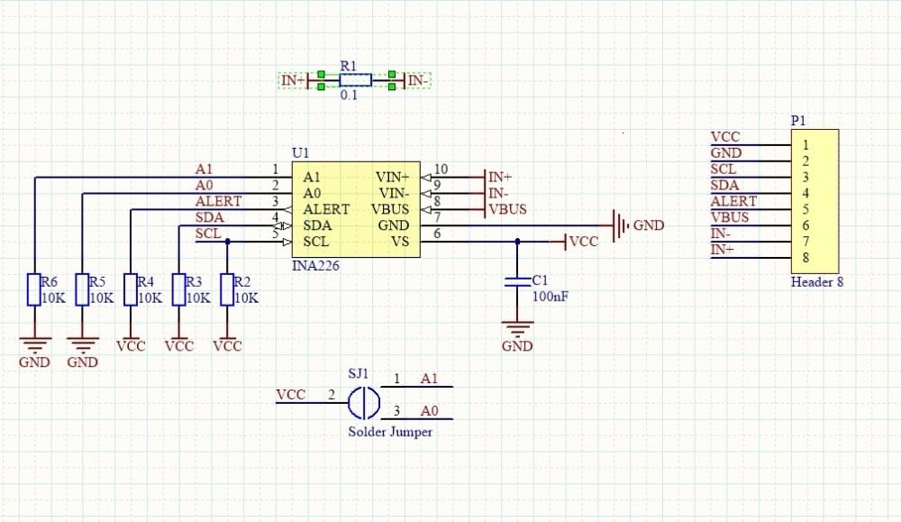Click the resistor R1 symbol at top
(x=355, y=80)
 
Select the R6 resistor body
(x=33, y=289)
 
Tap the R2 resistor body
(x=227, y=289)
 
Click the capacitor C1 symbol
(x=517, y=281)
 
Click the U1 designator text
(x=300, y=154)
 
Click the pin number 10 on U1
(x=441, y=169)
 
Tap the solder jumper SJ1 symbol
(x=363, y=402)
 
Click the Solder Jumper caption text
(x=390, y=432)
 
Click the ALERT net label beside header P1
(x=733, y=201)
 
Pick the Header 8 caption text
(x=816, y=282)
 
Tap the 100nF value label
(x=549, y=296)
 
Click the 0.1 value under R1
(x=349, y=95)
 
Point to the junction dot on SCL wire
(x=227, y=242)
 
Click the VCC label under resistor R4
(x=131, y=345)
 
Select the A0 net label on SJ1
(x=430, y=411)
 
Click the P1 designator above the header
(x=798, y=121)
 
